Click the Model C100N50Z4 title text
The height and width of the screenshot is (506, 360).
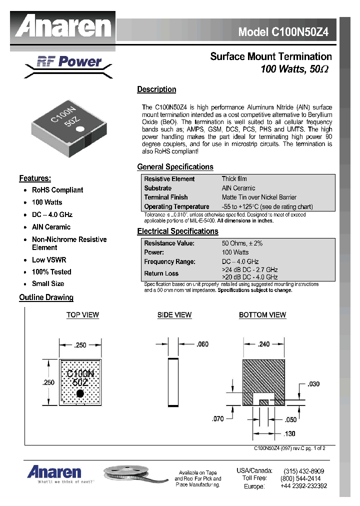283,32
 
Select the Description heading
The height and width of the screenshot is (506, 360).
156,89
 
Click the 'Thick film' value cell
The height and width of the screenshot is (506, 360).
234,178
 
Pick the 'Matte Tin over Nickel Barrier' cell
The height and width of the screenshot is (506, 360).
259,197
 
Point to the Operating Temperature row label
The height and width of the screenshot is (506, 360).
176,206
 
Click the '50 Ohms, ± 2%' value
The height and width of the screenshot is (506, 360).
242,243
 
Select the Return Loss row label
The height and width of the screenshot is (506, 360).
161,273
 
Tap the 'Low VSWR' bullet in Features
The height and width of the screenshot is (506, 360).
49,260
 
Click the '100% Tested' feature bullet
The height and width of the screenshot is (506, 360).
51,272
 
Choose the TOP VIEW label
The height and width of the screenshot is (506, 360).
82,315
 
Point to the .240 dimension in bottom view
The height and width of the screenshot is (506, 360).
263,344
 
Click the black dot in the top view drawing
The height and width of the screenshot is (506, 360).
79,393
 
